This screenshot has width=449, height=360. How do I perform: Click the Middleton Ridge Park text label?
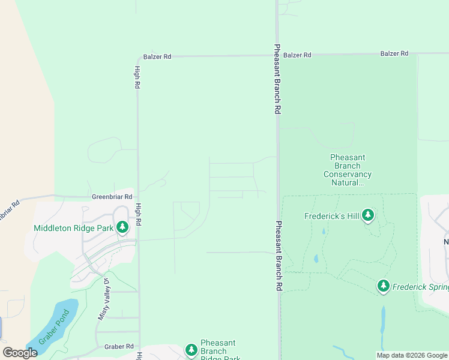(73, 227)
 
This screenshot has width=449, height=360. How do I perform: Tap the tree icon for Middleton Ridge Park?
(122, 227)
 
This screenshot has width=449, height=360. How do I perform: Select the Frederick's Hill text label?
(331, 216)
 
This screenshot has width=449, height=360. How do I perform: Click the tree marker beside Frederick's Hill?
(368, 215)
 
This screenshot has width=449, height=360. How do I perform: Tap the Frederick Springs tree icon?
(384, 286)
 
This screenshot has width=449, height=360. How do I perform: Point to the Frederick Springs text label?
(420, 287)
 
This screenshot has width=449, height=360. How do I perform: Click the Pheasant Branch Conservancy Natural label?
(348, 170)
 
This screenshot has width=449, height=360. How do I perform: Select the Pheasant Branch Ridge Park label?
(218, 351)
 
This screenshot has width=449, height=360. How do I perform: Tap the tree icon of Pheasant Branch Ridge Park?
(191, 350)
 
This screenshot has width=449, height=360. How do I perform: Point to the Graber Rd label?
(118, 346)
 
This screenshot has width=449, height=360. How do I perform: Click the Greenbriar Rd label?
(112, 196)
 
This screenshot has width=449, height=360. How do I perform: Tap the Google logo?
(20, 353)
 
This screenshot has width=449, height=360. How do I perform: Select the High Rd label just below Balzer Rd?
(137, 77)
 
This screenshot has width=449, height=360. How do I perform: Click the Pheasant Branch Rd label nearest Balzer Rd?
(277, 79)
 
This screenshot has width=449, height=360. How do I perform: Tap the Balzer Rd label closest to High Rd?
(157, 57)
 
